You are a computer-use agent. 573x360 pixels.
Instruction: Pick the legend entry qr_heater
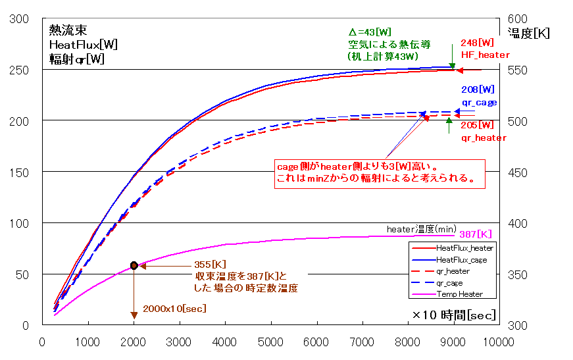pyautogui.click(x=453, y=271)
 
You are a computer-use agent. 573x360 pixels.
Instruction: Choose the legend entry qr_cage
pyautogui.click(x=451, y=282)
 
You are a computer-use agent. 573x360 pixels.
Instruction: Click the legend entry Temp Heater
pyautogui.click(x=459, y=294)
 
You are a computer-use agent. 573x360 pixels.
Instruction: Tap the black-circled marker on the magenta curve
pyautogui.click(x=134, y=265)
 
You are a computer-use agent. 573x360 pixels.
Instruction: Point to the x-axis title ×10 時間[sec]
pyautogui.click(x=455, y=315)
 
